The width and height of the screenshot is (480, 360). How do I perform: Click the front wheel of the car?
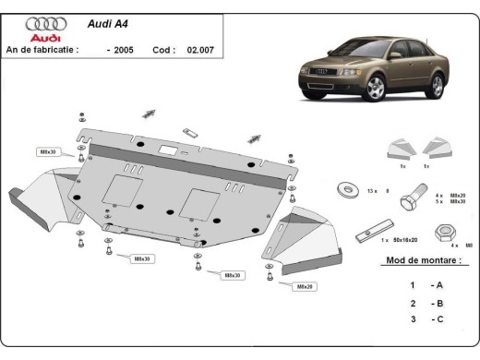(377, 89)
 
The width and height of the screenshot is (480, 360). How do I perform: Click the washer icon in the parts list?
(350, 190)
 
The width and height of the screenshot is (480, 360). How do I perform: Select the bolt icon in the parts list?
(414, 196)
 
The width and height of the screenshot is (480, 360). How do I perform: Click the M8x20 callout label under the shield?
(305, 287)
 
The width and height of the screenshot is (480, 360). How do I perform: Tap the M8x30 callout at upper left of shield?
(48, 150)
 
